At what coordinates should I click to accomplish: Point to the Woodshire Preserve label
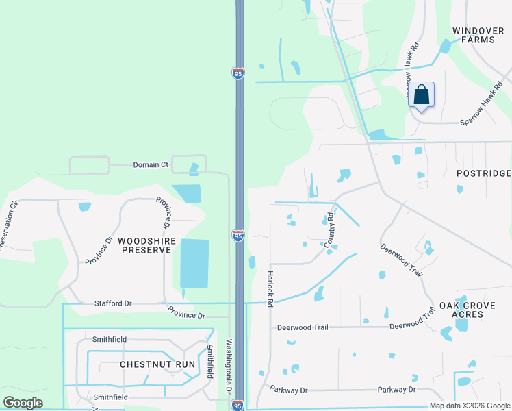(147, 245)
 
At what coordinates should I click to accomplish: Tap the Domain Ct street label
(151, 165)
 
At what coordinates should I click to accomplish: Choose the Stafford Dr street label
(113, 303)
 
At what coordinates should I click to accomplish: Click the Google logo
(23, 403)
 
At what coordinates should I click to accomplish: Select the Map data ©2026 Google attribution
(470, 406)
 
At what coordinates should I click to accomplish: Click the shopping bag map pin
(422, 96)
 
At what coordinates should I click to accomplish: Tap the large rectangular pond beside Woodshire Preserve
(194, 263)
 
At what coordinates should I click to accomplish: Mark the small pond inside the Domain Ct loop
(194, 169)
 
